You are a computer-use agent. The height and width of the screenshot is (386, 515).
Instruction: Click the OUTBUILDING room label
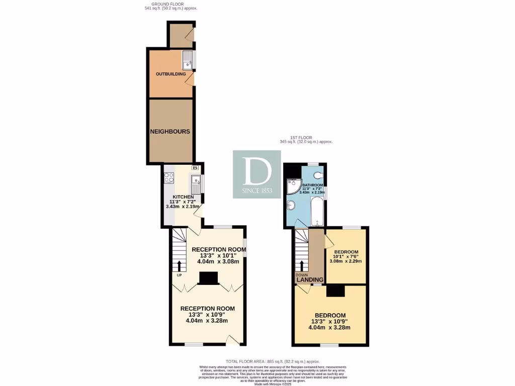(170, 74)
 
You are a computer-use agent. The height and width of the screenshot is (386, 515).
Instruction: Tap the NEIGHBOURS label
(170, 132)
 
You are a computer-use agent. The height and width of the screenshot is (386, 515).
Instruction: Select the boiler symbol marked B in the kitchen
(195, 168)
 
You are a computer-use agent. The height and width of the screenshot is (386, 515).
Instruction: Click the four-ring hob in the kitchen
(168, 177)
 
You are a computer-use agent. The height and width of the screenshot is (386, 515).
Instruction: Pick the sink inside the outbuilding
(187, 60)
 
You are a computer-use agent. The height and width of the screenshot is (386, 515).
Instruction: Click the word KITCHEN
(183, 197)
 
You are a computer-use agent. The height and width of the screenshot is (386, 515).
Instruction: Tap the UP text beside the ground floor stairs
(179, 275)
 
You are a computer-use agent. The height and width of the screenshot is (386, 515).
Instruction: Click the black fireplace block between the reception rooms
(208, 278)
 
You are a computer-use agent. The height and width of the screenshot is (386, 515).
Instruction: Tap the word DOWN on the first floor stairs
(301, 275)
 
